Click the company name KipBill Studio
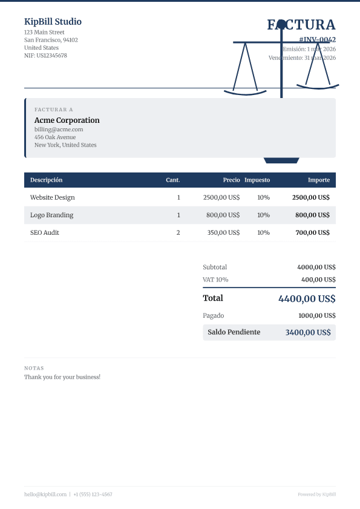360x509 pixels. [53, 22]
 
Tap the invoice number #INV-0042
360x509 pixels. [317, 39]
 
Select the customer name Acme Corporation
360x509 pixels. [67, 120]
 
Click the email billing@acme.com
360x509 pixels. [59, 130]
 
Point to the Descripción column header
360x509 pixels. [46, 180]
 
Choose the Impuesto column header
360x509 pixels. [257, 180]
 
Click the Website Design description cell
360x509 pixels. [53, 197]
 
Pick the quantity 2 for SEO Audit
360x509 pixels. [178, 232]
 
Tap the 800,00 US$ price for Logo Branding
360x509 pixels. [223, 215]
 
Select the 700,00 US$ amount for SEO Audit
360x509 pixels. [312, 232]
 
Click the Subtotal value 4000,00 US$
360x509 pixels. [316, 267]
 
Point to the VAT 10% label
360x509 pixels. [215, 280]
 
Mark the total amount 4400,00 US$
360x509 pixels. [307, 298]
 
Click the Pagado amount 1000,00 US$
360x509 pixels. [316, 315]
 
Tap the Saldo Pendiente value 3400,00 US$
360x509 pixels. [308, 332]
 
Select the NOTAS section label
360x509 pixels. [34, 368]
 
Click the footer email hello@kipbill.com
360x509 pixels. [45, 494]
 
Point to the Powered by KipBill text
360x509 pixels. [316, 494]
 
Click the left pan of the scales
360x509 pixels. [245, 93]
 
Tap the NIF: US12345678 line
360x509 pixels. [45, 56]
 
